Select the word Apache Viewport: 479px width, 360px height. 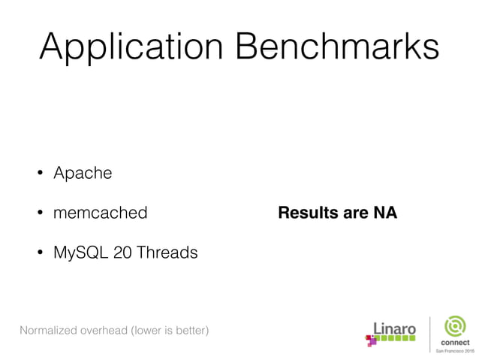pos(83,173)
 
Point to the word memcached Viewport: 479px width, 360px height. pos(100,213)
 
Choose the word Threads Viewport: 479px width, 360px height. pos(167,253)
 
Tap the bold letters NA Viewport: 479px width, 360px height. pos(384,213)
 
